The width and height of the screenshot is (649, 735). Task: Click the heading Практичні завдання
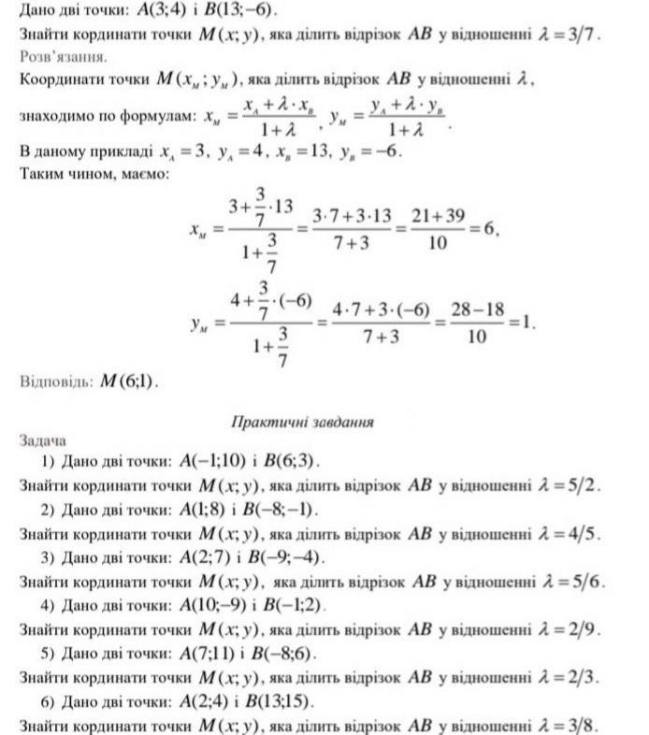(302, 422)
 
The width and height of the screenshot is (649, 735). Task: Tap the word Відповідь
(55, 382)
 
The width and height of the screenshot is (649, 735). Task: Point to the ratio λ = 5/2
(566, 485)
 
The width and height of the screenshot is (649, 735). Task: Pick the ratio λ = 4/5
(566, 534)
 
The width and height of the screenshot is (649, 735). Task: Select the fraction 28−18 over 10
(476, 323)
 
